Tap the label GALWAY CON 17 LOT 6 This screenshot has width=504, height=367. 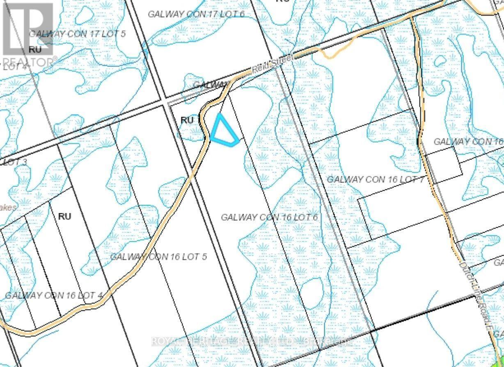click(196, 14)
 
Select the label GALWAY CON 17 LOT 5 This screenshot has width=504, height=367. click(77, 34)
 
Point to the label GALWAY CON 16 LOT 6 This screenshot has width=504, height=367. click(270, 217)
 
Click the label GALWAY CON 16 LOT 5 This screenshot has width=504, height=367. click(158, 257)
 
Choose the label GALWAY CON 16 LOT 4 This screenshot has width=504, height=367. click(53, 295)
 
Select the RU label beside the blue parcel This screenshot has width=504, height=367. click(187, 120)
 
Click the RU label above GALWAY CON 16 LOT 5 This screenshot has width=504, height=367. click(64, 216)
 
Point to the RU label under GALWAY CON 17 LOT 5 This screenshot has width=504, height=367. click(35, 49)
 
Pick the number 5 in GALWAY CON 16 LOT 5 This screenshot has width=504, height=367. click(204, 257)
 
